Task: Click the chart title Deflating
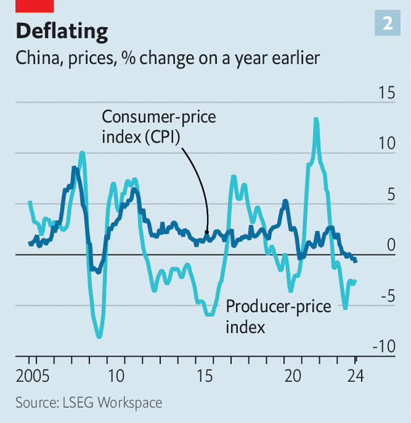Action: coord(62,31)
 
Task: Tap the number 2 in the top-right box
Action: coord(387,24)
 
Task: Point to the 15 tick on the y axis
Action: coord(386,93)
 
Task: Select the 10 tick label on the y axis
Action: coord(386,143)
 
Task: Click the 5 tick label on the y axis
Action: coord(390,195)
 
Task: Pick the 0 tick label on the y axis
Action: coord(390,245)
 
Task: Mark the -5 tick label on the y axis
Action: coord(387,296)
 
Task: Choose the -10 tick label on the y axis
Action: coord(384,347)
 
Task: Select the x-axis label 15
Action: coord(204,376)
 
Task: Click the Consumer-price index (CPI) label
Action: coord(158,126)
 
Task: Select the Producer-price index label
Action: coord(278,316)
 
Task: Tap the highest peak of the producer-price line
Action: coord(316,120)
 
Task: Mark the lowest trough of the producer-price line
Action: coord(99,337)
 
